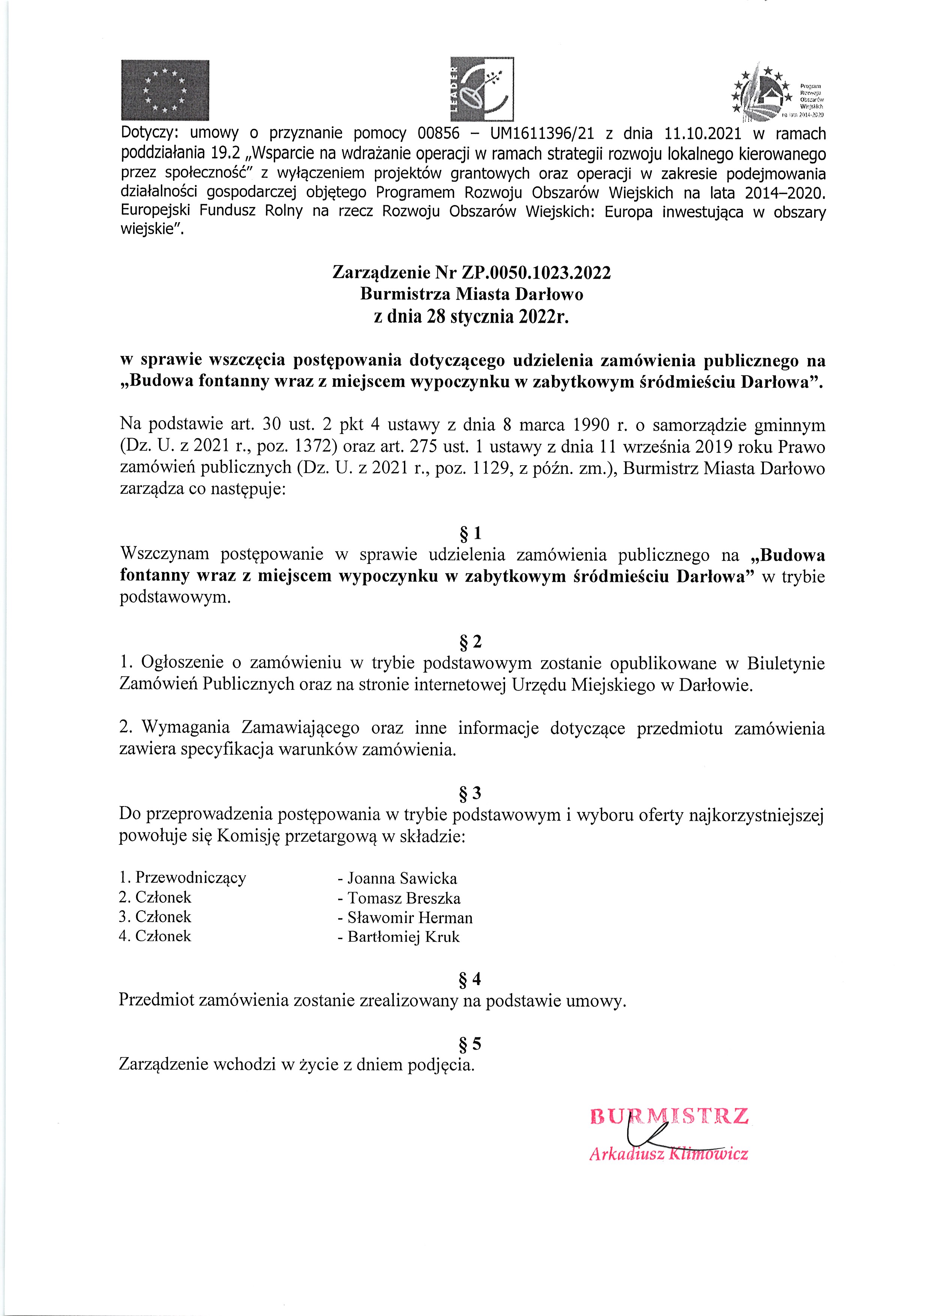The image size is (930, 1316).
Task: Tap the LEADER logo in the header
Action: (482, 89)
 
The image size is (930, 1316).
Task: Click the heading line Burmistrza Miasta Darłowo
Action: (472, 294)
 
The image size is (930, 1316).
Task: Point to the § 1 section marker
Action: (471, 533)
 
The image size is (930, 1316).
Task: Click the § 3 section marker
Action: (471, 793)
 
